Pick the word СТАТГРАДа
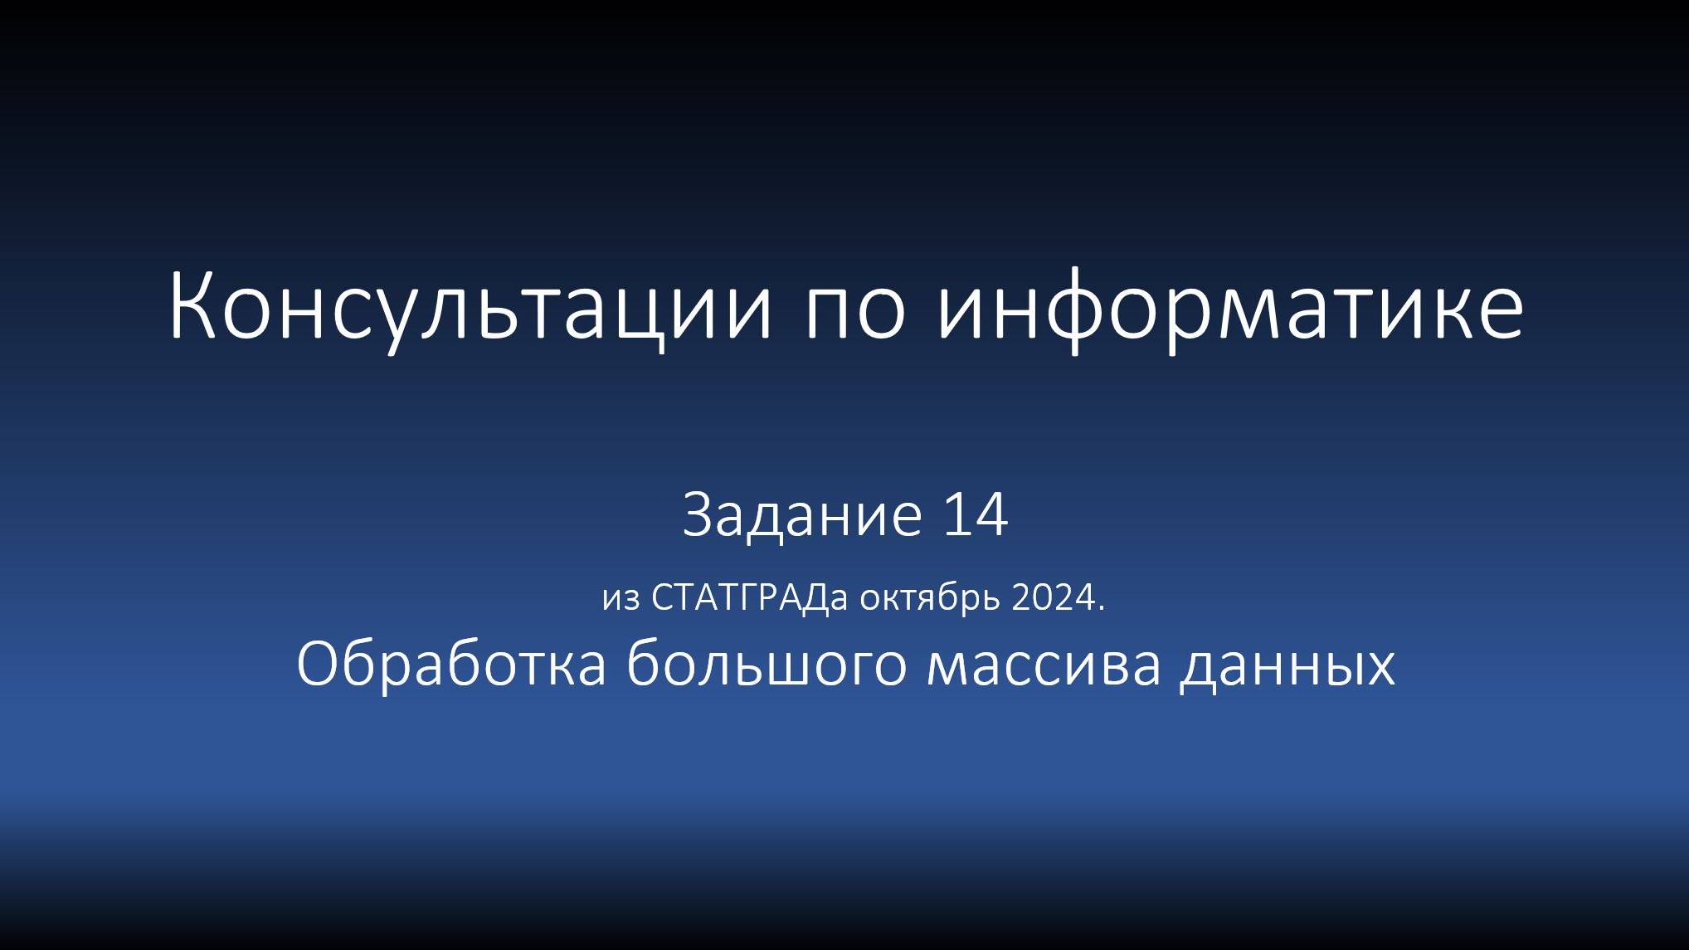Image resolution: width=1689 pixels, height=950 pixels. (x=750, y=598)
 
